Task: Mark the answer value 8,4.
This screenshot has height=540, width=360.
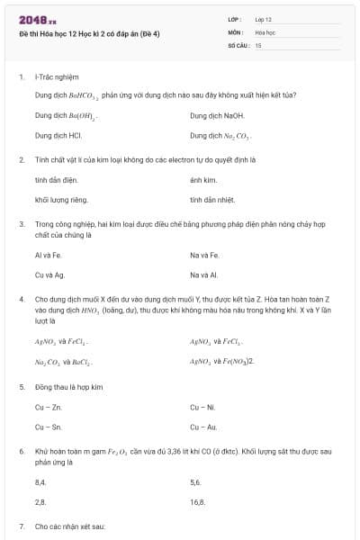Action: pos(40,481)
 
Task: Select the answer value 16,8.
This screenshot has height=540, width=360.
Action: pos(197,501)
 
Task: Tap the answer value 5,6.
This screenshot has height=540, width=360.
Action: pos(195,481)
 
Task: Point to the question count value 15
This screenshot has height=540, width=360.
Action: pos(258,44)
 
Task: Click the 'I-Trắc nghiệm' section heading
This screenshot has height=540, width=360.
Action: pos(57,77)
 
